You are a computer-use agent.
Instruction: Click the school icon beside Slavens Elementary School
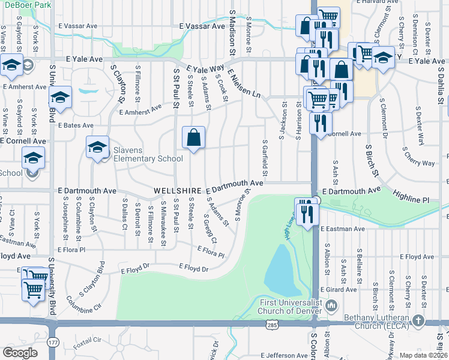pos(97,148)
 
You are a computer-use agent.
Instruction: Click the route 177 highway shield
pos(53,343)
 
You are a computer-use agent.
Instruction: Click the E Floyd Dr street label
pos(193,268)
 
